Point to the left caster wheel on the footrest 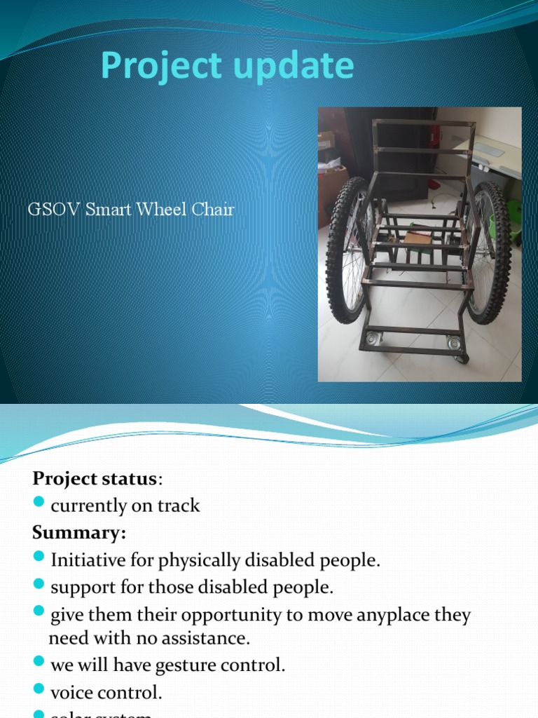(373, 340)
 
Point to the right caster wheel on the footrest (453, 344)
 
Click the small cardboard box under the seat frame (418, 238)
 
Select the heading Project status (95, 479)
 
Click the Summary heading (78, 533)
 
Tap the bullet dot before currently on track (39, 505)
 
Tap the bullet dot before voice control (39, 692)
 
